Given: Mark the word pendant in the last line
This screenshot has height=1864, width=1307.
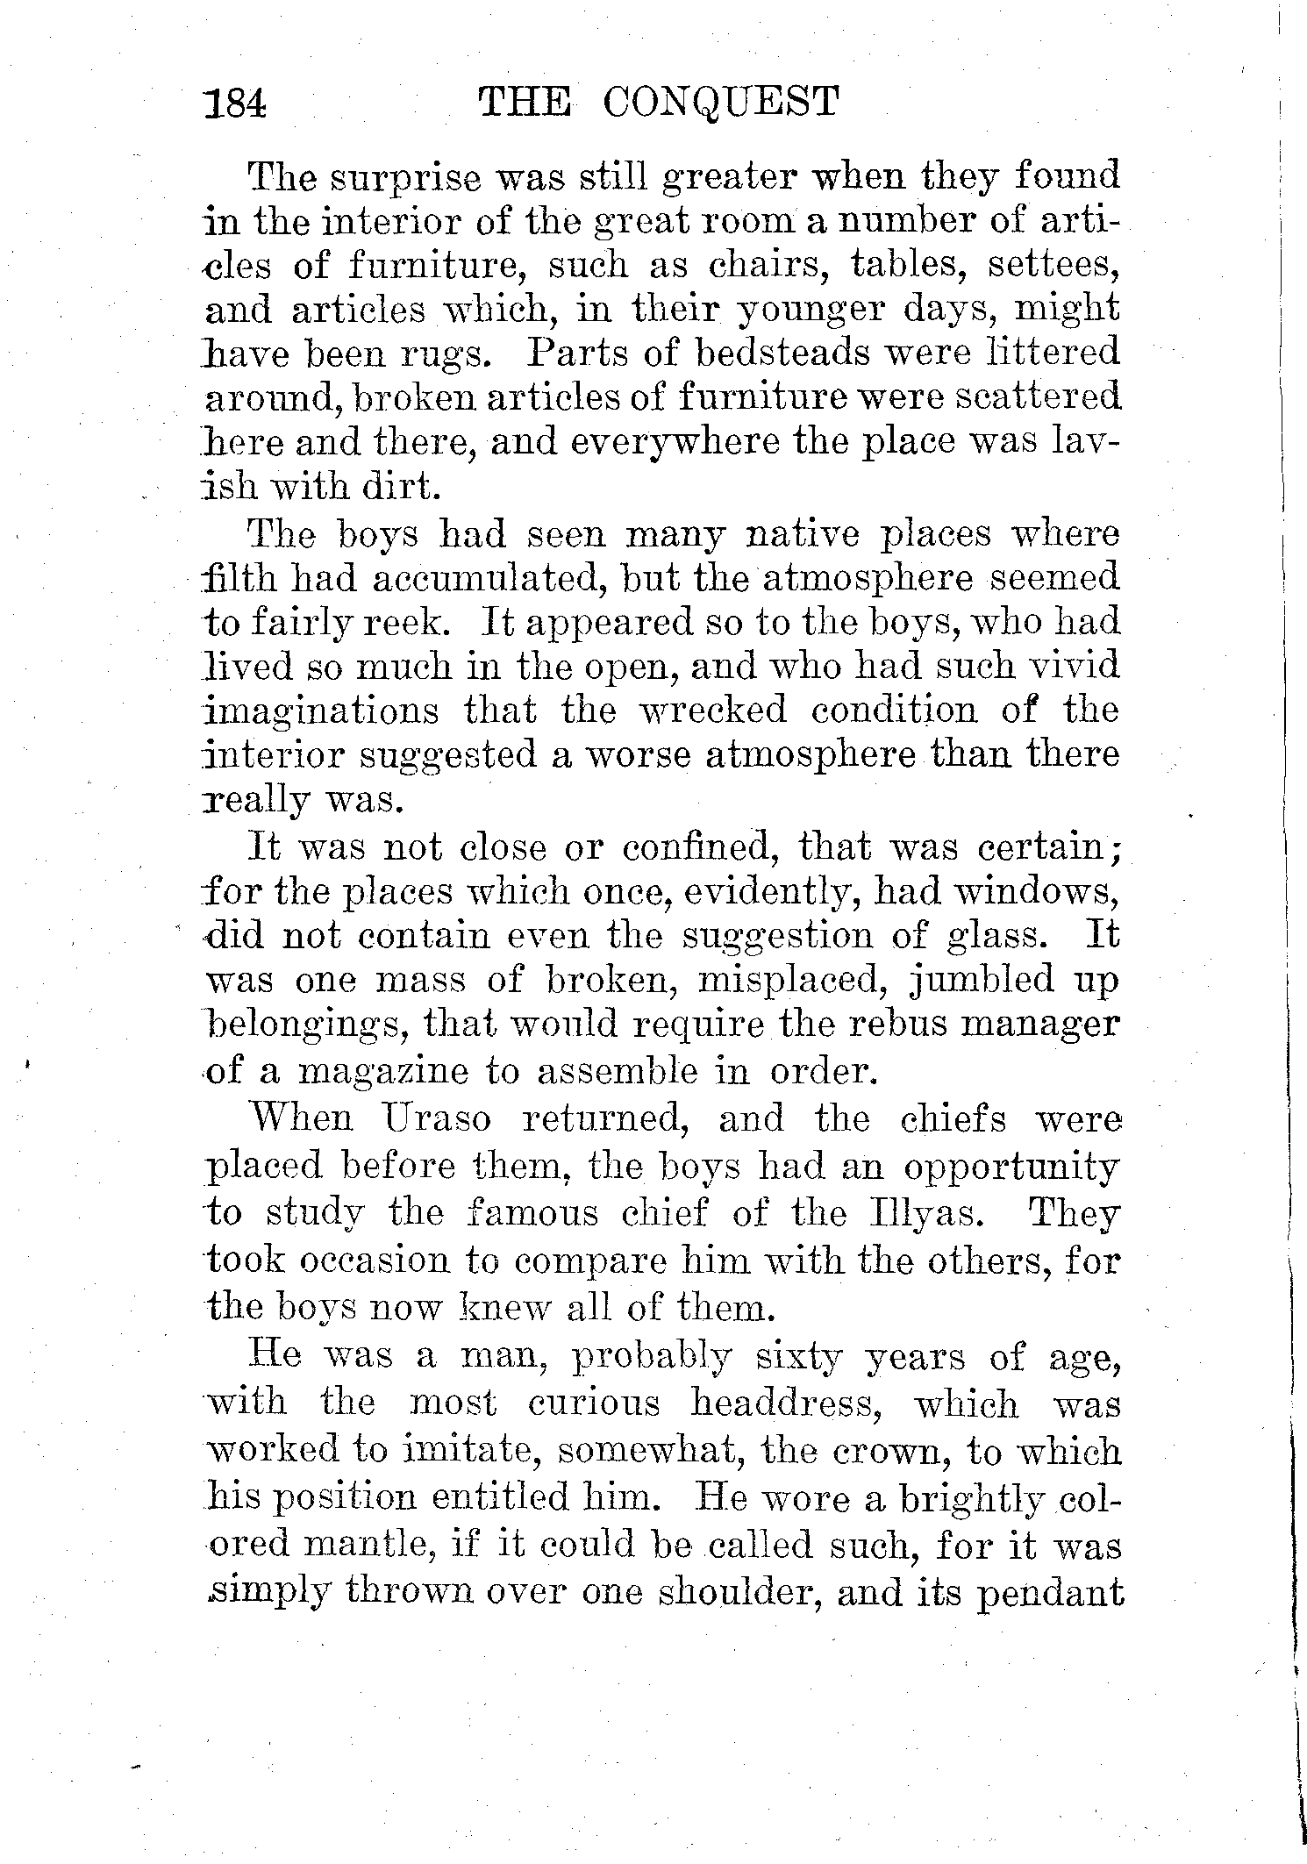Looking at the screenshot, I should coord(1051,1590).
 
